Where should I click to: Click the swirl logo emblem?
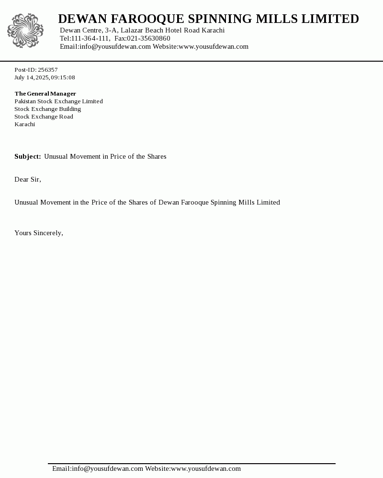coord(25,31)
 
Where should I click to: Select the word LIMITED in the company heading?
coord(332,19)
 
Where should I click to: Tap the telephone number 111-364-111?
coord(90,38)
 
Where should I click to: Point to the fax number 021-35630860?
coord(148,38)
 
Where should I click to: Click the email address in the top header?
coord(115,46)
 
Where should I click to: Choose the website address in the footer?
coord(206,468)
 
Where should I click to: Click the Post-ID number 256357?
coord(48,70)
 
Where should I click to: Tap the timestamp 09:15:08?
coord(63,77)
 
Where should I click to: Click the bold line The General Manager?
coord(45,94)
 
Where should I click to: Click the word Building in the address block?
coord(70,109)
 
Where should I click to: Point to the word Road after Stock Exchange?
coord(66,117)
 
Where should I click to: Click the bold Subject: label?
coord(28,156)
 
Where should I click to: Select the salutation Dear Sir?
coord(28,179)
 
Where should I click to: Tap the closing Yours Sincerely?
coord(39,233)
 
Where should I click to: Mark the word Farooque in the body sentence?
coord(195,202)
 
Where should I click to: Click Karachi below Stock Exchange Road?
coord(24,124)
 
